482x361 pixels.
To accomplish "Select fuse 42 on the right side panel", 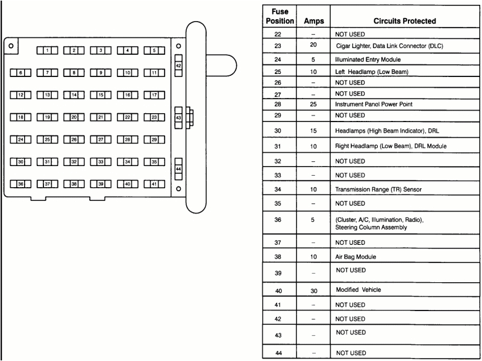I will click(178, 65).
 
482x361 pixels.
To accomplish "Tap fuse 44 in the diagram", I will click(178, 170).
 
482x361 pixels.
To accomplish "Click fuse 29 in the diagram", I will click(154, 140).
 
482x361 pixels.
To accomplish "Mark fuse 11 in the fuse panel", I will click(154, 73).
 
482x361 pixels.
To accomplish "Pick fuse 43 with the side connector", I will click(178, 117).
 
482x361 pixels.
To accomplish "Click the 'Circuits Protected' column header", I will click(404, 21).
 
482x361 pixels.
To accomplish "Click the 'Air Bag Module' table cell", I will click(355, 257).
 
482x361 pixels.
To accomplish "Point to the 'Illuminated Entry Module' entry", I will click(368, 60).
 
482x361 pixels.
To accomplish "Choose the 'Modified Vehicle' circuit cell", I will click(358, 290).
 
